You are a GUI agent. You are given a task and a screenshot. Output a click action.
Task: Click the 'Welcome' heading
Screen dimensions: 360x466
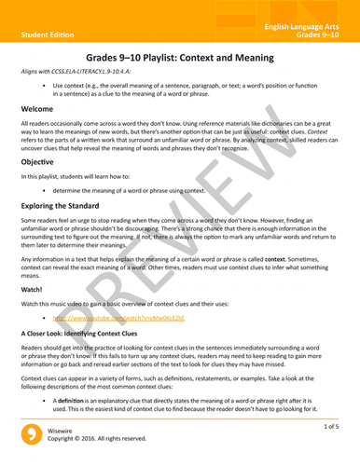[x=38, y=109]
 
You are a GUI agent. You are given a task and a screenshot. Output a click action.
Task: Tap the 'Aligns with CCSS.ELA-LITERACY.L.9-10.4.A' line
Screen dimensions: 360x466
[x=84, y=72]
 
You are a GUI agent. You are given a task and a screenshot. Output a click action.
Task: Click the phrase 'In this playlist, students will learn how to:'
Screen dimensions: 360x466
[x=83, y=175]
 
